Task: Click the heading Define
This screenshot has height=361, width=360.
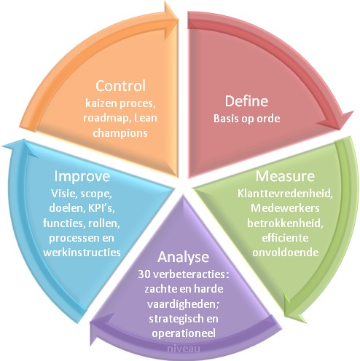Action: (x=246, y=101)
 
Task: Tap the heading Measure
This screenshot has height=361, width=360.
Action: (x=285, y=176)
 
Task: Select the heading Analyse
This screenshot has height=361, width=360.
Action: (x=183, y=258)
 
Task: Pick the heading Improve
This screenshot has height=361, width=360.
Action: (x=82, y=177)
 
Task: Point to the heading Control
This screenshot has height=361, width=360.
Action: (x=120, y=86)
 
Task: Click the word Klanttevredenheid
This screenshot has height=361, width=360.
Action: (x=285, y=194)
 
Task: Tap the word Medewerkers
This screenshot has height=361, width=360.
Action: (x=285, y=208)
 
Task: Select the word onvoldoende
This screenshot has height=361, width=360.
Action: (x=286, y=253)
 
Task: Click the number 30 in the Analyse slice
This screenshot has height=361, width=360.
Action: (x=144, y=274)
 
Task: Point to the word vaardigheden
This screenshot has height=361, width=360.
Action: (x=182, y=304)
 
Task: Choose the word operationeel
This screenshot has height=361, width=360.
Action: (x=184, y=333)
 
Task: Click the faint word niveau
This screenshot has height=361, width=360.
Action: (x=184, y=349)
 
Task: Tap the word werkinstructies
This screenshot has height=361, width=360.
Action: (x=82, y=253)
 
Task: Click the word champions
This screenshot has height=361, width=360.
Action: (x=120, y=133)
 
